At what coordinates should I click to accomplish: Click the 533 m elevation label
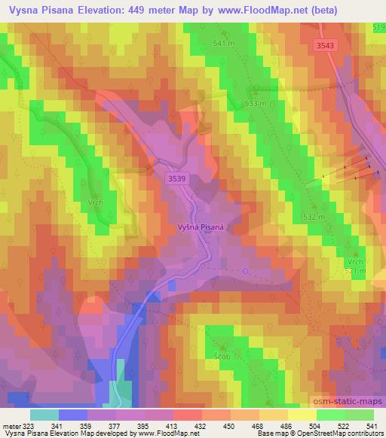[256, 103]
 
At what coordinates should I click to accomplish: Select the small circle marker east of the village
[245, 271]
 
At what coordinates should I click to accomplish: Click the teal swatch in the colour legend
[45, 415]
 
